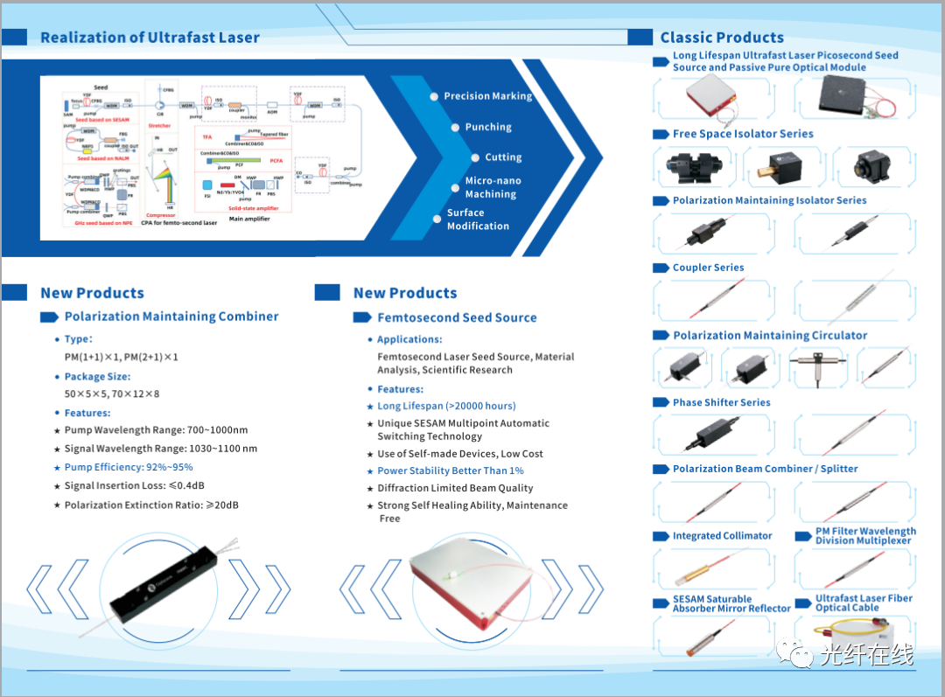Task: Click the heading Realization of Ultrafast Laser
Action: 150,38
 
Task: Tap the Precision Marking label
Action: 487,96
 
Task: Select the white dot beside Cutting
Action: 475,157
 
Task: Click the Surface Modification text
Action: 478,220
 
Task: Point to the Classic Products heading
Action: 722,38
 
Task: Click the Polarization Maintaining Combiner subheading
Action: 171,317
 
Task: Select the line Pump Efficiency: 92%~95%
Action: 129,467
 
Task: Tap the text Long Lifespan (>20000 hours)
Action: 446,406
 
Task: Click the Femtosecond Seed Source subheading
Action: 457,317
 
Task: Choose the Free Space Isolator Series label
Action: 743,134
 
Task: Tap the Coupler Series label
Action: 708,268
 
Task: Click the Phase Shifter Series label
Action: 721,402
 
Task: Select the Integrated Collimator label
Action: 722,536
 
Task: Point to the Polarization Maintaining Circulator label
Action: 770,335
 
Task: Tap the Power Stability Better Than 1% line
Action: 451,470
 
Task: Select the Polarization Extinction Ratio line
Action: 151,505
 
